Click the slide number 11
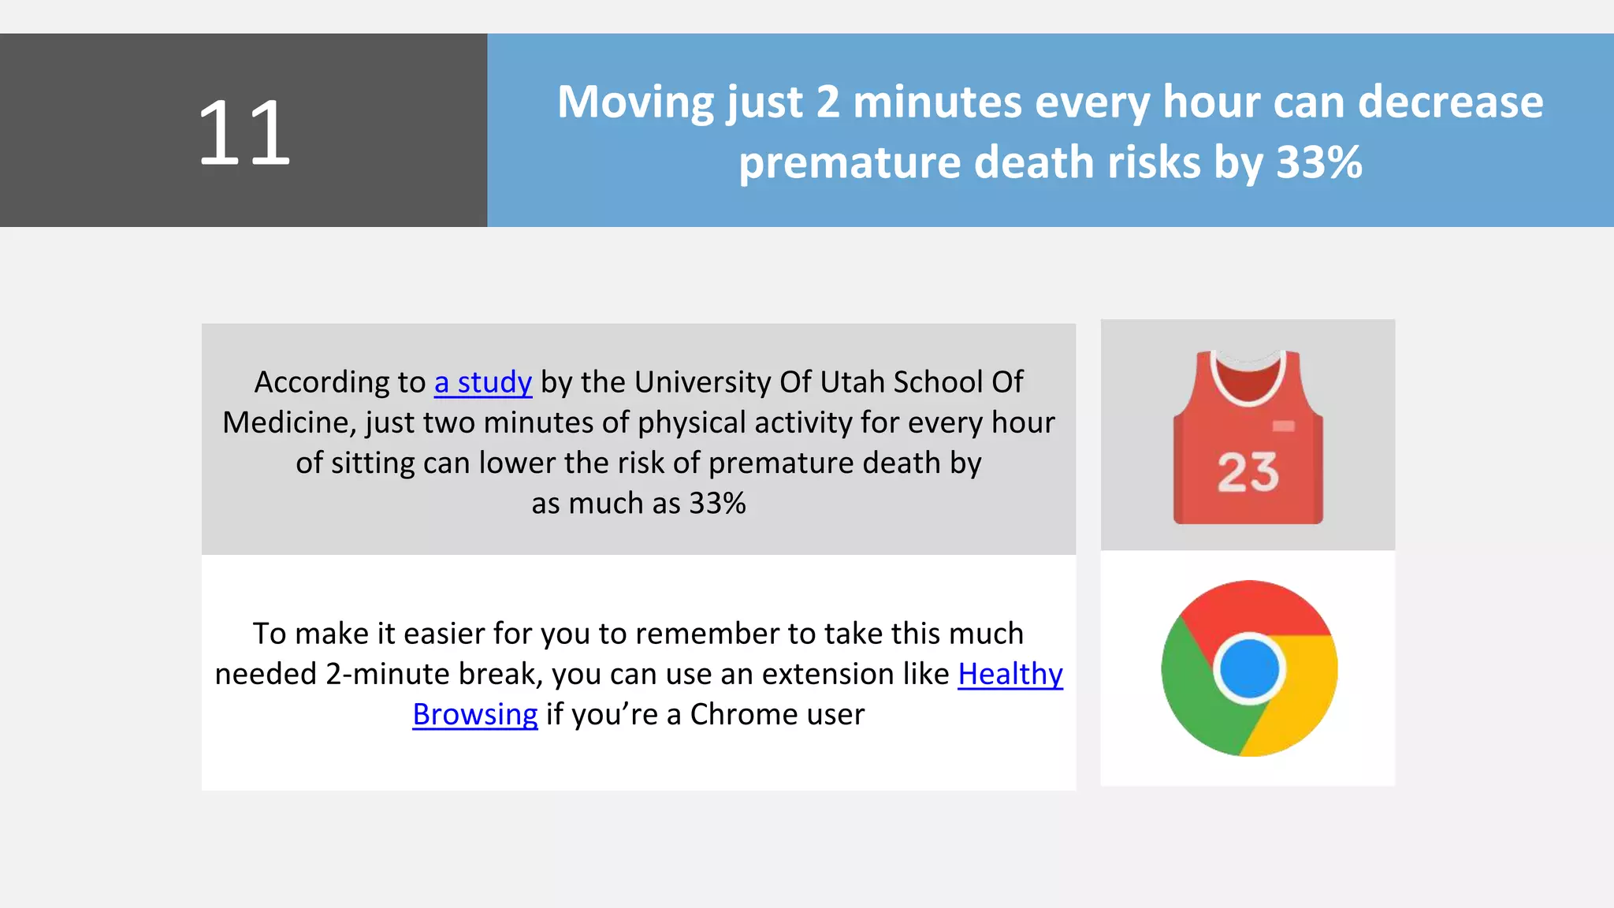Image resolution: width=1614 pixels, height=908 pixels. pyautogui.click(x=244, y=132)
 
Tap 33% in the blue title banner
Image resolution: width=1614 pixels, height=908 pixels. pyautogui.click(x=1318, y=163)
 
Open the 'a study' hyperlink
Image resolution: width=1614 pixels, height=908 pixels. pyautogui.click(x=482, y=382)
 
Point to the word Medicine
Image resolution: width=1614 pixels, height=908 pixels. pyautogui.click(x=288, y=423)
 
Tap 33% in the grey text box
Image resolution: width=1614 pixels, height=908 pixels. pyautogui.click(x=717, y=504)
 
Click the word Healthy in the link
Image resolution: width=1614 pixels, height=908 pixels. pyautogui.click(x=1010, y=674)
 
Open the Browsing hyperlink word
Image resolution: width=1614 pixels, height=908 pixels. pyautogui.click(x=474, y=715)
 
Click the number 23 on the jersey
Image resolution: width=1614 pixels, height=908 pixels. pyautogui.click(x=1248, y=473)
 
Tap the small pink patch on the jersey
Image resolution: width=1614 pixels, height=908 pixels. pyautogui.click(x=1283, y=426)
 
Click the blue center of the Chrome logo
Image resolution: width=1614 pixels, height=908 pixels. pyautogui.click(x=1249, y=669)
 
